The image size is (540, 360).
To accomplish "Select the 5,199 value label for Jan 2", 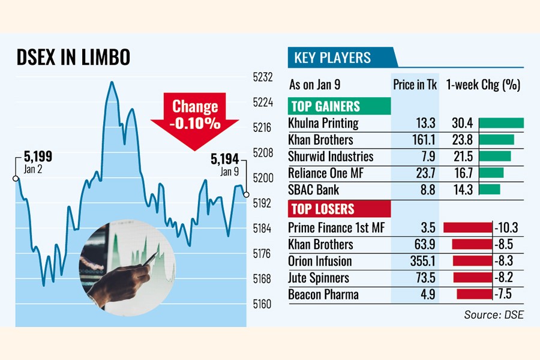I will pyautogui.click(x=38, y=157).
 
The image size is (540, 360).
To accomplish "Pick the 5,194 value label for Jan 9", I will pyautogui.click(x=224, y=159).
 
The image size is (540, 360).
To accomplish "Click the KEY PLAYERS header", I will pyautogui.click(x=332, y=58).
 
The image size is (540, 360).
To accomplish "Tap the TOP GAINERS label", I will pyautogui.click(x=325, y=107).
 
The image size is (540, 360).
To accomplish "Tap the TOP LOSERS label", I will pyautogui.click(x=323, y=209).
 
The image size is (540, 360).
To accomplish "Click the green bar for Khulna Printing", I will pyautogui.click(x=501, y=123).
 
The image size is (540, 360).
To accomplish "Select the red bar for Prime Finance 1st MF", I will pyautogui.click(x=467, y=228).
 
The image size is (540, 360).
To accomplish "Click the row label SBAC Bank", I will pyautogui.click(x=314, y=190).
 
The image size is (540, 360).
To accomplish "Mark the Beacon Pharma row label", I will pyautogui.click(x=323, y=295).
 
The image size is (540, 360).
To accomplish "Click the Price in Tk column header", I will pyautogui.click(x=415, y=85).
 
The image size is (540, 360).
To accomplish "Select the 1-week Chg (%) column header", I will pyautogui.click(x=483, y=85).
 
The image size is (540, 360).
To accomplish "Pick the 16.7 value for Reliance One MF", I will pyautogui.click(x=462, y=173).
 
